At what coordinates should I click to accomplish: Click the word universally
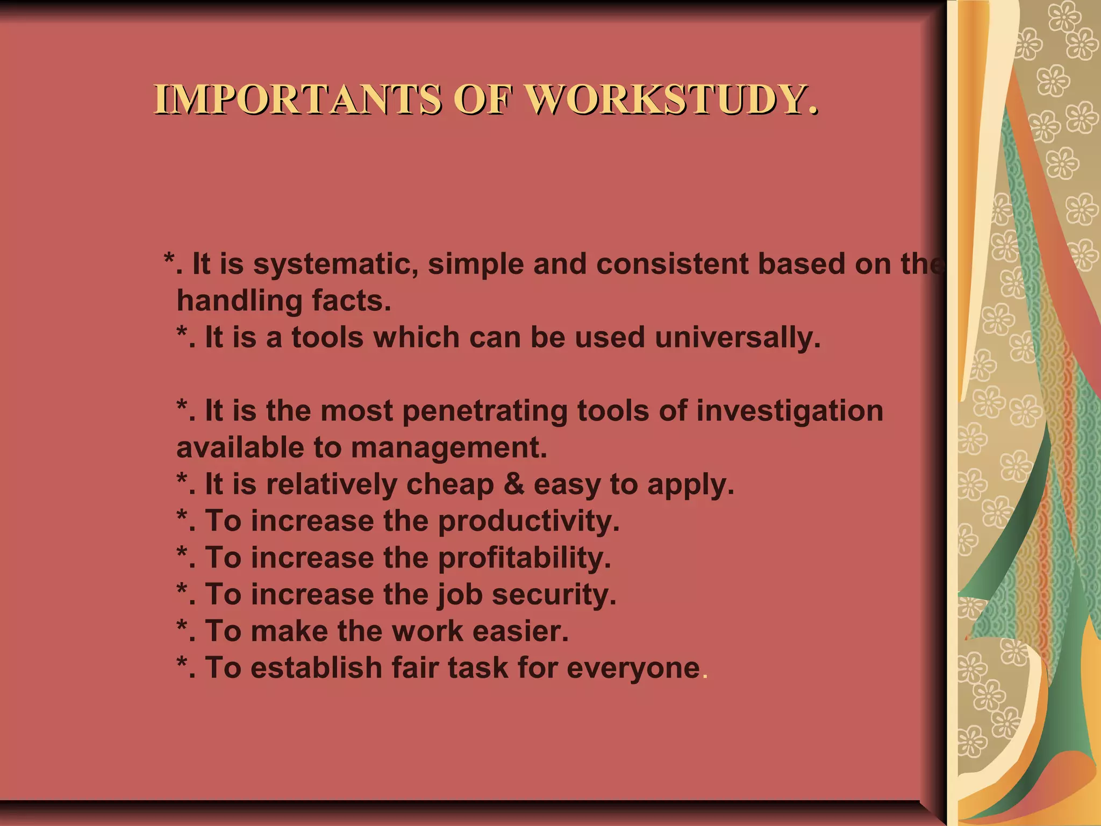click(738, 338)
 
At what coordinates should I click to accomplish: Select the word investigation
click(790, 412)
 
